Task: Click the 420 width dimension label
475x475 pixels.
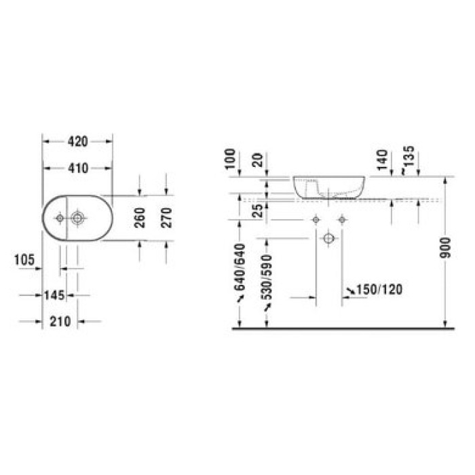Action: click(x=78, y=142)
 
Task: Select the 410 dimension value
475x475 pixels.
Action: click(x=78, y=168)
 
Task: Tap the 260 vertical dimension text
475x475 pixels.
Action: click(x=141, y=218)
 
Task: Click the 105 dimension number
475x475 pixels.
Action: click(x=24, y=258)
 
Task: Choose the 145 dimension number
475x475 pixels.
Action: click(x=53, y=295)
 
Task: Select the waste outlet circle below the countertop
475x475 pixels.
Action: click(x=328, y=238)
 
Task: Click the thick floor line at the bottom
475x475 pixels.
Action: click(x=339, y=328)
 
